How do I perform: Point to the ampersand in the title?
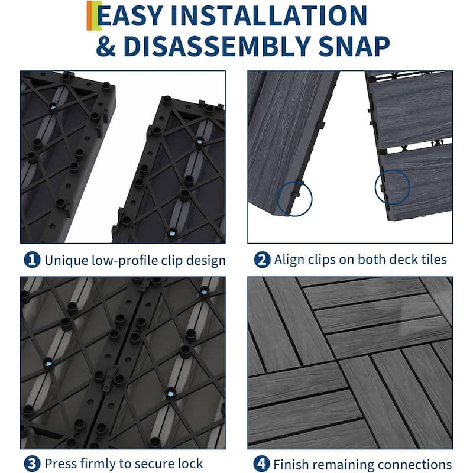coord(106,46)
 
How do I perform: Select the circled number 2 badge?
coord(260,260)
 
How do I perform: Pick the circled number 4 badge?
coord(260,464)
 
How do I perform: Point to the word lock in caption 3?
coord(190,464)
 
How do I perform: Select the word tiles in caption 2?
coord(433,260)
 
